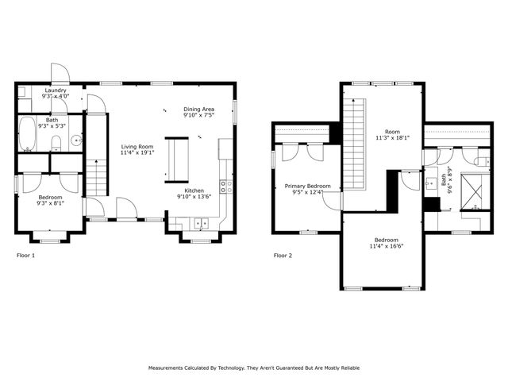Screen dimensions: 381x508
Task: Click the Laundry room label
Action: (x=56, y=90)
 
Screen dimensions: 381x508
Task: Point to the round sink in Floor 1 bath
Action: (x=75, y=141)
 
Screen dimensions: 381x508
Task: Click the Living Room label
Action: (x=137, y=147)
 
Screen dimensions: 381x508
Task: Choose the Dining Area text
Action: (x=198, y=109)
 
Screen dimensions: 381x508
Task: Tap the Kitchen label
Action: (x=195, y=190)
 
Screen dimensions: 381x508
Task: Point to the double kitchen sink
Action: (x=202, y=222)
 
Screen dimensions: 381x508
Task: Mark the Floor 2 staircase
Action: (x=353, y=143)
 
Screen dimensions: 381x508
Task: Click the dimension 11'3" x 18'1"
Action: (x=392, y=137)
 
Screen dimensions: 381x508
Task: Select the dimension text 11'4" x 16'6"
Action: (x=386, y=247)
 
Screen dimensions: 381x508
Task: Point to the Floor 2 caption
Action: (x=283, y=256)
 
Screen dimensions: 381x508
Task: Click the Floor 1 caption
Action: (x=26, y=256)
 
